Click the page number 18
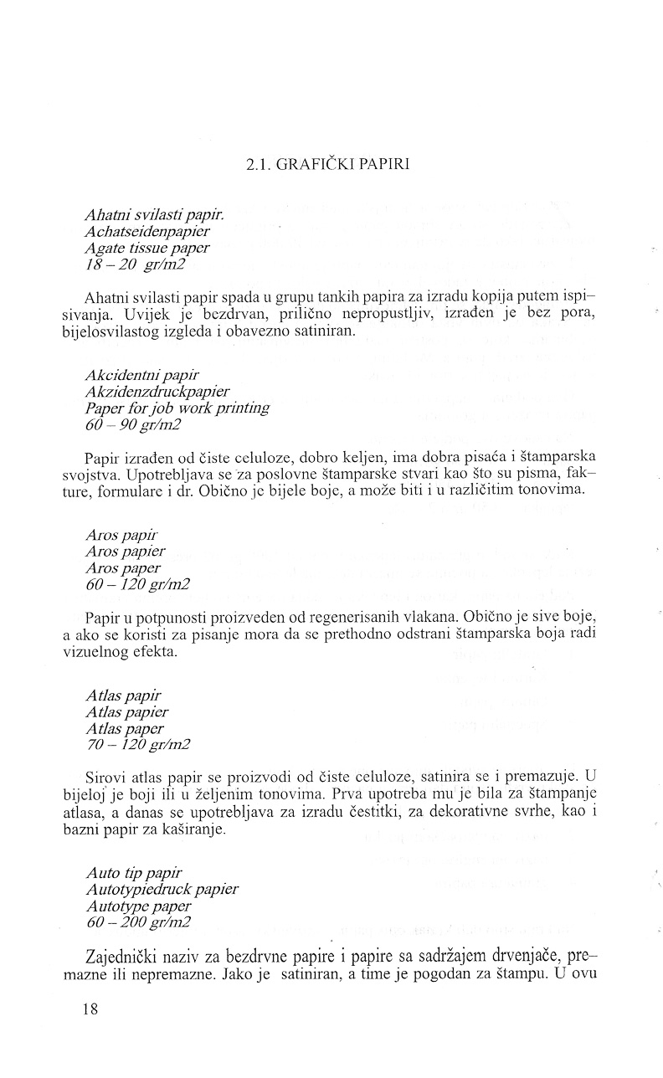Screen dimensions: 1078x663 (x=90, y=1009)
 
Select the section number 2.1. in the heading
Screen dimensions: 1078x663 (x=260, y=165)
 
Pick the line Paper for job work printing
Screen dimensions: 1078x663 (x=177, y=408)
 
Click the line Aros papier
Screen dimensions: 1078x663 (x=126, y=552)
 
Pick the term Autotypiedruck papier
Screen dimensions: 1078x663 (x=162, y=889)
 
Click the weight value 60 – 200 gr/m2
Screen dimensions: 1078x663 (x=138, y=923)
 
